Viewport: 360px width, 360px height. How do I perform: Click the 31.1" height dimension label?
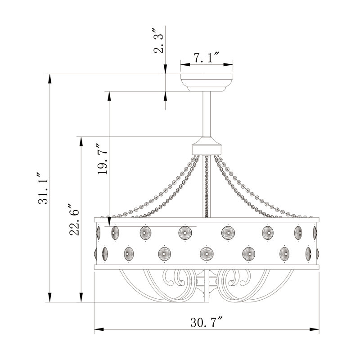pos(43,188)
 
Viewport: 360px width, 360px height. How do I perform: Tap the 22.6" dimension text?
pos(74,219)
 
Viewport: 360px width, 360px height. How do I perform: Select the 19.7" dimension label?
pos(102,159)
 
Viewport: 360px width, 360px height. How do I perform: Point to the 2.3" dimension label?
pos(158,40)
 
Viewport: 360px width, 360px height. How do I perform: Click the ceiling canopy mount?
pos(207,83)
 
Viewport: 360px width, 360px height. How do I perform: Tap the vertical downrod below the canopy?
pos(207,114)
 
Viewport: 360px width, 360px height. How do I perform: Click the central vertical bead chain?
pos(207,186)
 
